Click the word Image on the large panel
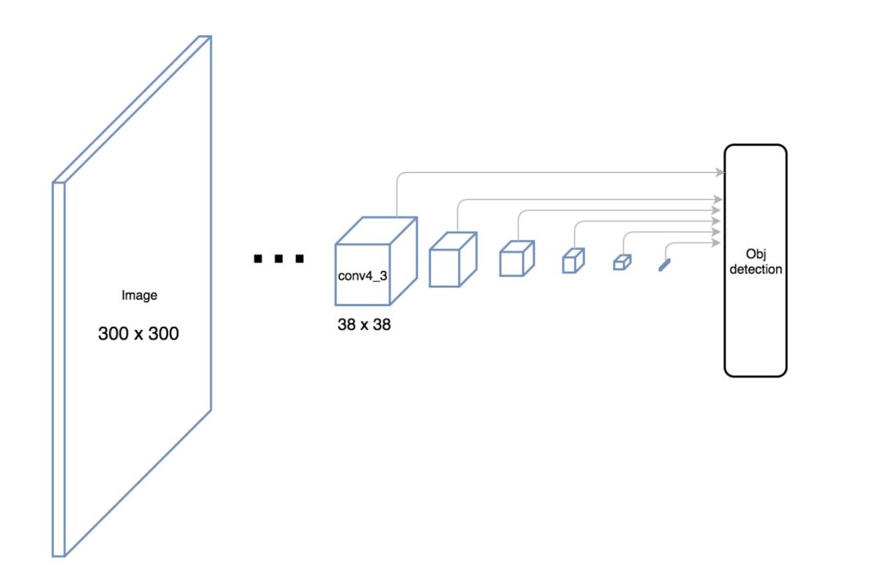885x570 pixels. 138,296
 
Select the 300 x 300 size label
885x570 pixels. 138,334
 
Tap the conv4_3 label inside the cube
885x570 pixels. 362,275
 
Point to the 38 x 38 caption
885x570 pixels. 364,324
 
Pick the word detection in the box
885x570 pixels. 755,269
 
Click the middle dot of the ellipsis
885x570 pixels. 279,260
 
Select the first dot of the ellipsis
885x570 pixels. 258,260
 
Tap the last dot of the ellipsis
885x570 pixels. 300,260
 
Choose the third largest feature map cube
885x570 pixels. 517,259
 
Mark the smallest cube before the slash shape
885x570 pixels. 622,262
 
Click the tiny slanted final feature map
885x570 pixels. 664,264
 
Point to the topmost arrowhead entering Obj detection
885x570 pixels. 720,172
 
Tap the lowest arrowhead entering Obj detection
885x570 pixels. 720,242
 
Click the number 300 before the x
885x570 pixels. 112,334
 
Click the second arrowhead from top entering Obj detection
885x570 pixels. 720,199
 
